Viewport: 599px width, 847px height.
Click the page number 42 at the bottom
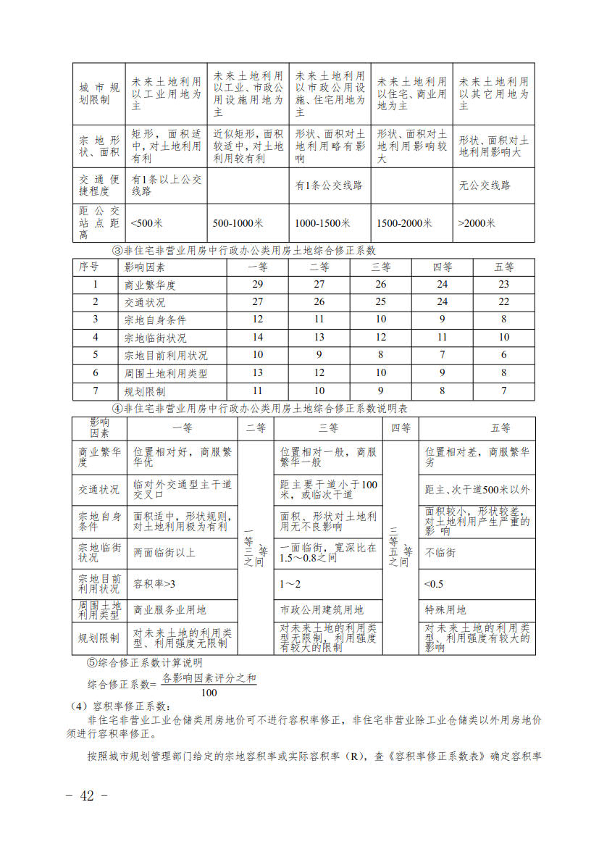87,796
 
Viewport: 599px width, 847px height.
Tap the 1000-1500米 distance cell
322,223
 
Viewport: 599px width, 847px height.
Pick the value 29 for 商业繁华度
258,285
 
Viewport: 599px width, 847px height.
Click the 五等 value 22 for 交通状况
504,302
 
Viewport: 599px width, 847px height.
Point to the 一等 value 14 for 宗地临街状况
258,338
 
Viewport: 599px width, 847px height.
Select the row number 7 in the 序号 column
95,391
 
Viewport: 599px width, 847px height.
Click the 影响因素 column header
146,267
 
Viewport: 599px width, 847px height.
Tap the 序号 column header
88,267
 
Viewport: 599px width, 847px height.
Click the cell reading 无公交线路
485,185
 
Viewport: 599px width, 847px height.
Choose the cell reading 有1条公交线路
328,185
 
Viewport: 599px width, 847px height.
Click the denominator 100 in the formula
209,693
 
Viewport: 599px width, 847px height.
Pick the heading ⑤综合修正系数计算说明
145,663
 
